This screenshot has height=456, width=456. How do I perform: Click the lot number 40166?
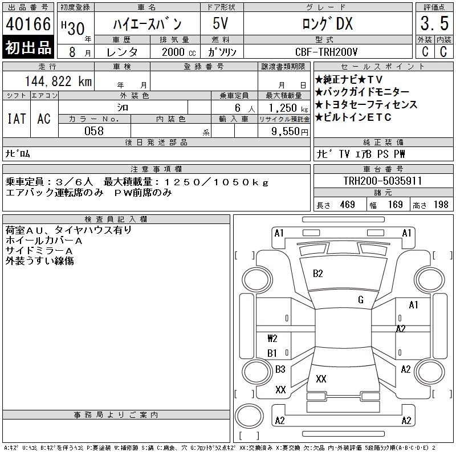tap(28, 24)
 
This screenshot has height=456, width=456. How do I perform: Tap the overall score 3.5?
tap(434, 23)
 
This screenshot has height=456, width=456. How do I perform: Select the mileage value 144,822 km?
tap(59, 81)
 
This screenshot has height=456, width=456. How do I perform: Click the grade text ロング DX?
tap(327, 23)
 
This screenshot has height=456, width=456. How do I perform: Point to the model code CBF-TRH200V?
tap(326, 52)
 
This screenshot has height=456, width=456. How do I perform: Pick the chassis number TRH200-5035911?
tap(382, 181)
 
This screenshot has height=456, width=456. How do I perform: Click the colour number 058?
tap(94, 131)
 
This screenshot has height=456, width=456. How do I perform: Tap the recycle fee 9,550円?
tap(290, 132)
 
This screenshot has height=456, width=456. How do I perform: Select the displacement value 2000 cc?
tap(179, 52)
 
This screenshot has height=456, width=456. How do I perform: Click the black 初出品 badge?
tap(28, 47)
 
